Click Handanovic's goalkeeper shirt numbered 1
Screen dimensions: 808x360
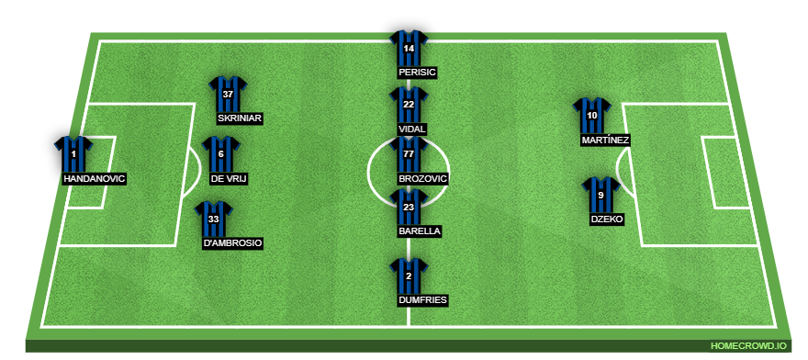[73, 154]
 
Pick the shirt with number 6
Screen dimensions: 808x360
[220, 153]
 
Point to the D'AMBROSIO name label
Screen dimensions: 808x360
[233, 243]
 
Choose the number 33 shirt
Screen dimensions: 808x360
[213, 219]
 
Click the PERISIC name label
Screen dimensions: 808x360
[418, 72]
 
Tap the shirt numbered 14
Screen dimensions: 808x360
[409, 48]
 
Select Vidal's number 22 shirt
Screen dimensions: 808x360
[409, 105]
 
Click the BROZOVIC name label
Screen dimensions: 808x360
[423, 178]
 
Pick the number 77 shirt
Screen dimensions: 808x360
[409, 154]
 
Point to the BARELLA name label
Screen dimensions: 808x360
[419, 232]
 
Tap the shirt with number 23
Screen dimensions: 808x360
[409, 208]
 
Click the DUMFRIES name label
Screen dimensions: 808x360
[423, 299]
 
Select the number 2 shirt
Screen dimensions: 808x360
[409, 276]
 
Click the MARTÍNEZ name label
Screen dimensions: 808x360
[605, 141]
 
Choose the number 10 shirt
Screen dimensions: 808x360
[592, 116]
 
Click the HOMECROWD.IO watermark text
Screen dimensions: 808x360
[748, 345]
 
